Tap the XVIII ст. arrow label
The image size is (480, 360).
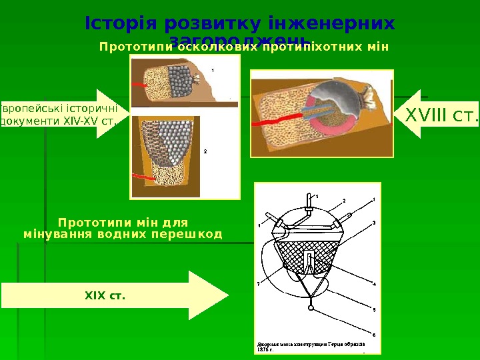pyautogui.click(x=441, y=116)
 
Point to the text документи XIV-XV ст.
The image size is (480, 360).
pyautogui.click(x=60, y=122)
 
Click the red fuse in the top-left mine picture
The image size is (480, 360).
pyautogui.click(x=139, y=85)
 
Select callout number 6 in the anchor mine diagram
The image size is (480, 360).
pyautogui.click(x=374, y=334)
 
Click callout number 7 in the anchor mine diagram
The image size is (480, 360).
pyautogui.click(x=259, y=283)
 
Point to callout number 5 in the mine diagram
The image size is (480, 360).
pyautogui.click(x=374, y=309)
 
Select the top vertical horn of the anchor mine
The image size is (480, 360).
pyautogui.click(x=307, y=199)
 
